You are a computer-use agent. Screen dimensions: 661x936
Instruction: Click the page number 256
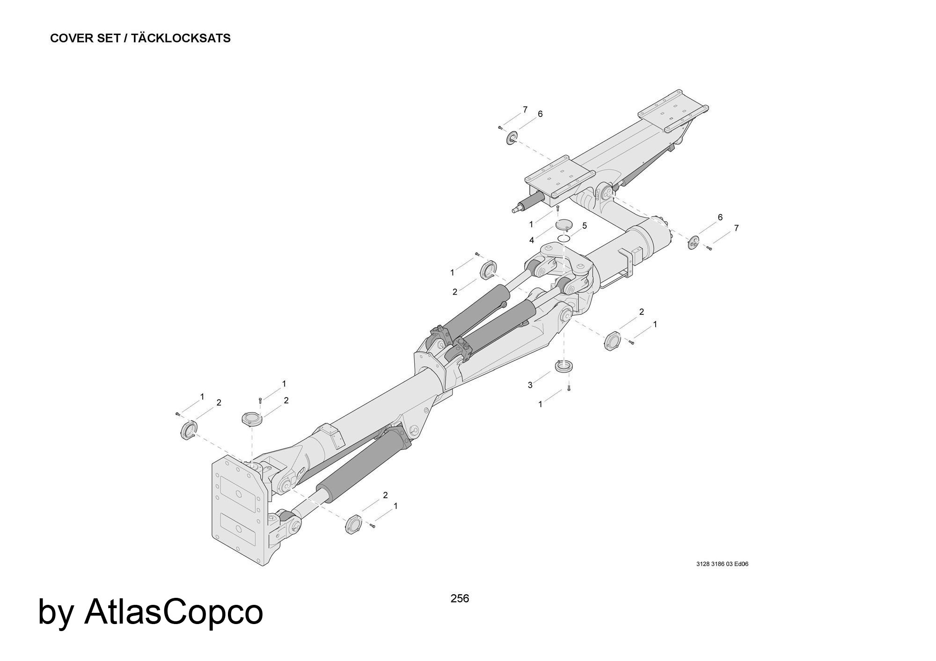tap(459, 598)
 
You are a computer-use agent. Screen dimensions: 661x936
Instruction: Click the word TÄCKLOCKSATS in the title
tap(181, 38)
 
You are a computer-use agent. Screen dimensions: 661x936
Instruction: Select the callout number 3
tap(530, 385)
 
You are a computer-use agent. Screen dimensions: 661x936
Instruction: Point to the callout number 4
tap(532, 240)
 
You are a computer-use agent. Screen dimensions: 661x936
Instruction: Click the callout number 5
tap(585, 226)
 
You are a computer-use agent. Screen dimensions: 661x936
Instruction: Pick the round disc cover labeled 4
tap(564, 225)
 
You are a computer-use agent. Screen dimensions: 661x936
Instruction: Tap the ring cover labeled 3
tap(564, 366)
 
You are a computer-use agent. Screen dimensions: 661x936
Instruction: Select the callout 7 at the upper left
tap(525, 110)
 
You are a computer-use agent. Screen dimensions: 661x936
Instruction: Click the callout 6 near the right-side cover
tap(720, 218)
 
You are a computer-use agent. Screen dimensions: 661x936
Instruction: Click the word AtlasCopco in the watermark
tap(173, 612)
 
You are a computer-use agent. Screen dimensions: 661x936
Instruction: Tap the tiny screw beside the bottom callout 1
tap(373, 526)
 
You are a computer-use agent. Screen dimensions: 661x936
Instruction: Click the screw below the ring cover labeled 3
tap(569, 387)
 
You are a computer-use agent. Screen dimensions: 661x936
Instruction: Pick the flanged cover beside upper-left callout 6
tap(512, 138)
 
